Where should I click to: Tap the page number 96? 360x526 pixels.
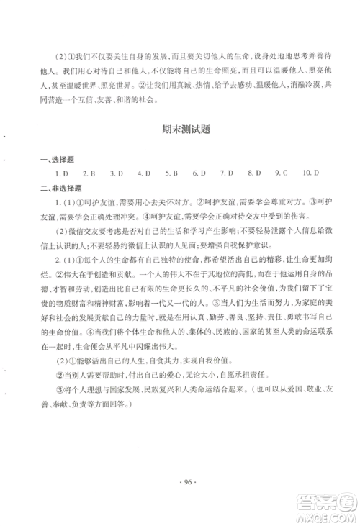[x=180, y=496]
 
